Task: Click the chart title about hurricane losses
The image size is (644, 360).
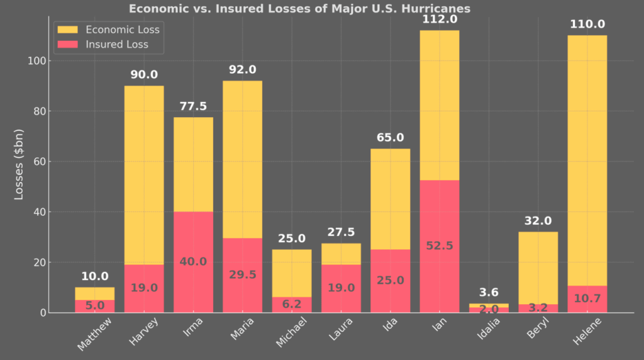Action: [299, 9]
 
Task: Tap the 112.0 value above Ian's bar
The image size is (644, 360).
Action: [440, 20]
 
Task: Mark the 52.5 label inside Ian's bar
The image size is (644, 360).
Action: [440, 245]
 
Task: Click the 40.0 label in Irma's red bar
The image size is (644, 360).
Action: [193, 261]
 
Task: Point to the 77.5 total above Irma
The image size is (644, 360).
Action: [193, 106]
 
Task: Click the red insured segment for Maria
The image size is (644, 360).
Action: [242, 275]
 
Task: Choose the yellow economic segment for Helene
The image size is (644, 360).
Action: [587, 157]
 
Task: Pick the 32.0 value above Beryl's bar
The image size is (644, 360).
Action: [538, 221]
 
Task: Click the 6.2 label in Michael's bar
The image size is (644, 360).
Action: [292, 303]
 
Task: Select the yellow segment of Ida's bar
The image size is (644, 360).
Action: [390, 198]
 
